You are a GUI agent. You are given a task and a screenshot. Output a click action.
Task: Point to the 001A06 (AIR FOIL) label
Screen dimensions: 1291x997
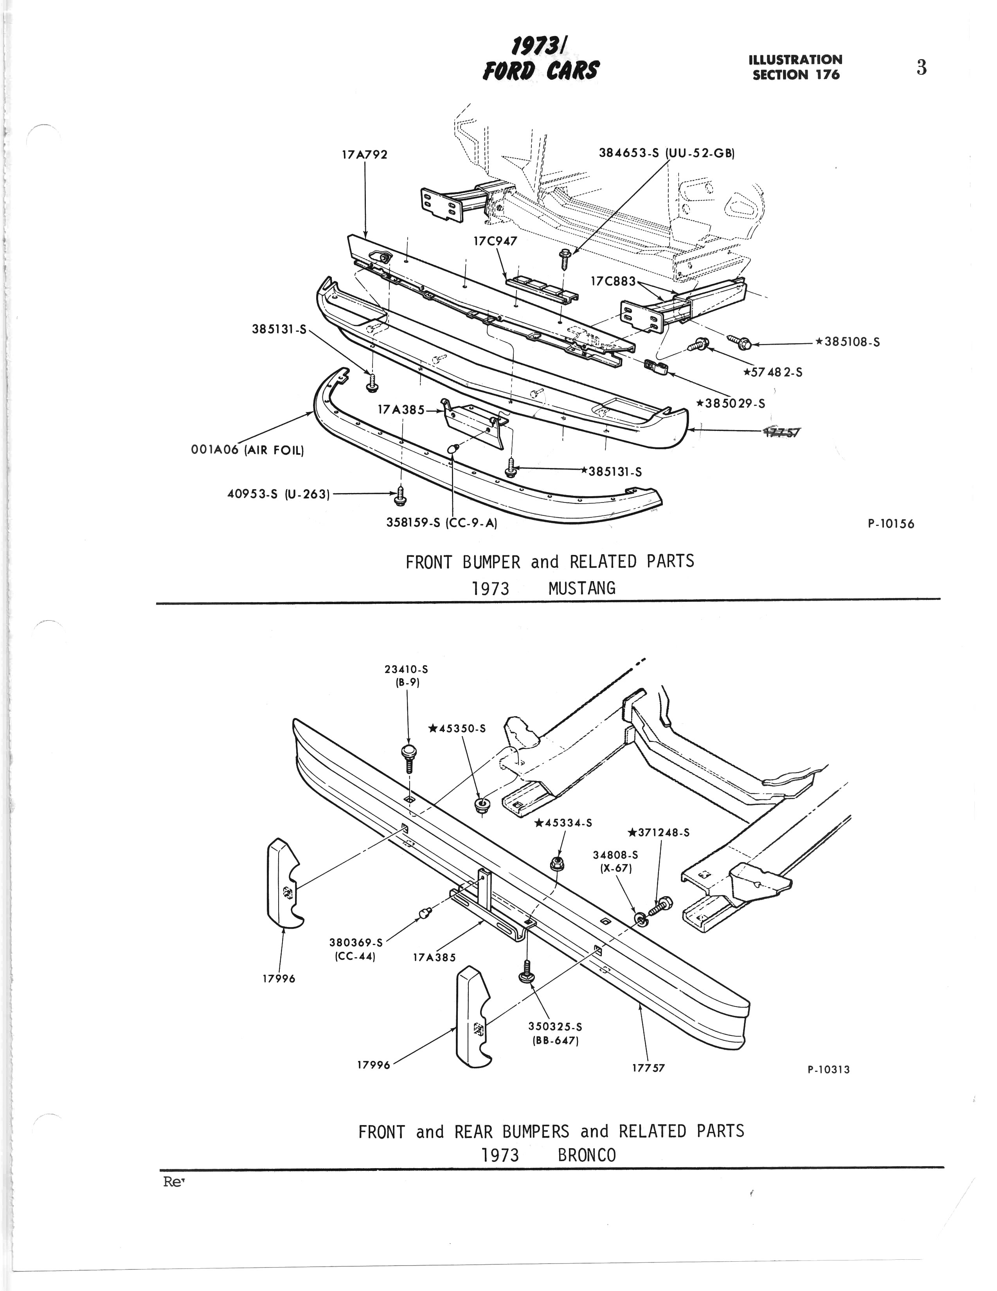(x=247, y=450)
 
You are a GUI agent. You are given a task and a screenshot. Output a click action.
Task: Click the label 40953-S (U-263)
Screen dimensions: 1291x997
(x=278, y=493)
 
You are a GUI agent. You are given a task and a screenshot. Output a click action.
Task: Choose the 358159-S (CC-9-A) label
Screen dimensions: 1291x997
(x=441, y=523)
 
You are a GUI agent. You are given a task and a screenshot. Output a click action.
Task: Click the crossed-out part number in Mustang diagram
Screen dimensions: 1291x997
(x=780, y=432)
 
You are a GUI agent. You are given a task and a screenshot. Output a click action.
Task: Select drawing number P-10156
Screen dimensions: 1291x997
(x=891, y=524)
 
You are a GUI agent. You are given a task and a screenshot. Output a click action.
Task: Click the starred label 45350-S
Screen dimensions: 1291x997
(x=457, y=729)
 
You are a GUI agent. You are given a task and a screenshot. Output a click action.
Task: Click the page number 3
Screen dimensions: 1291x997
(x=921, y=68)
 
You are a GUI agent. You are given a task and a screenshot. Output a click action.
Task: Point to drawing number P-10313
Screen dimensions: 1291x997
(x=828, y=1070)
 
